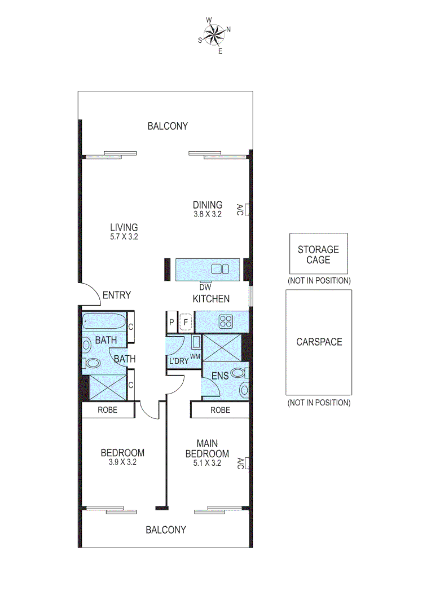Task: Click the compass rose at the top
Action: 214,35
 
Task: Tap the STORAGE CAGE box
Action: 318,254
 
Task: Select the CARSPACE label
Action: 319,342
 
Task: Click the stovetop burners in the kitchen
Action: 226,321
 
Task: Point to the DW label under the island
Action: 205,286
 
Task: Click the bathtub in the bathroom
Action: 105,323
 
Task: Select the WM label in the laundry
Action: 196,356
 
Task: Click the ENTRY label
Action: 117,295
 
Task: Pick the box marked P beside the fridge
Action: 171,323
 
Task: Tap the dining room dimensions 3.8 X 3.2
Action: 208,214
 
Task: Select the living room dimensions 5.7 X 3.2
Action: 124,237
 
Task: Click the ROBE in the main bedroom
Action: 220,410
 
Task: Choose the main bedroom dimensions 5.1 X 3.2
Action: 207,464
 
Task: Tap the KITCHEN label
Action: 211,299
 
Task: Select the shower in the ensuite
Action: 221,346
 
